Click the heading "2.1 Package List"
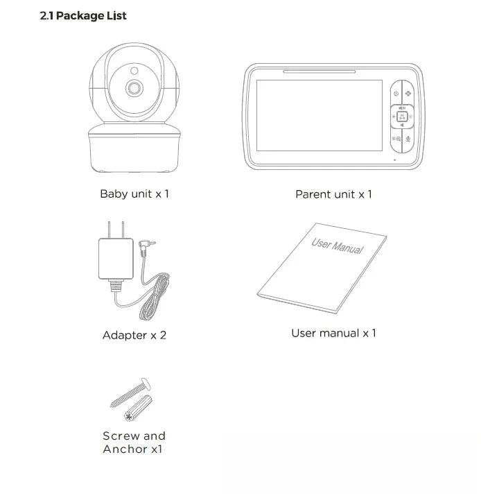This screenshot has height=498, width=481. click(x=83, y=16)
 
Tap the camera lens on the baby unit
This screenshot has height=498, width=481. click(x=134, y=88)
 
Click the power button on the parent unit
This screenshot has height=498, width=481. click(x=395, y=94)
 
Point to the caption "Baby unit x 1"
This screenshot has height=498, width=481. click(x=134, y=194)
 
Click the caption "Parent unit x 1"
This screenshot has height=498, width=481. click(x=333, y=194)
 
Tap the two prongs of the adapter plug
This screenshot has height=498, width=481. click(x=117, y=228)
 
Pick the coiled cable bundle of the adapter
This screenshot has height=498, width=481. click(x=155, y=298)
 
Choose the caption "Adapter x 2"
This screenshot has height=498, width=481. click(x=134, y=335)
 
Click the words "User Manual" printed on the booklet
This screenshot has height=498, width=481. click(x=338, y=245)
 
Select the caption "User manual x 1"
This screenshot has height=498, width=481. click(x=333, y=333)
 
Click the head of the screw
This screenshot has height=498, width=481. click(x=146, y=381)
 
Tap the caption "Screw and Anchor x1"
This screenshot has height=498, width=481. click(x=134, y=443)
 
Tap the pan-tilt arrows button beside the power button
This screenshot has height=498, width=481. click(x=408, y=94)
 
